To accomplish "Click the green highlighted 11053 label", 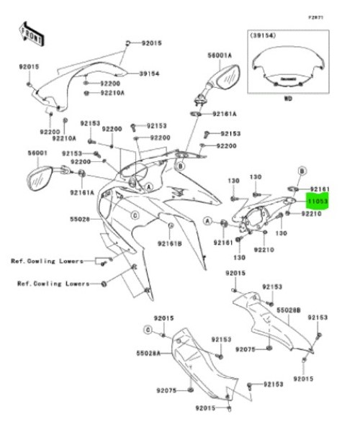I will pyautogui.click(x=318, y=204).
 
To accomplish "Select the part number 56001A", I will pyautogui.click(x=219, y=55).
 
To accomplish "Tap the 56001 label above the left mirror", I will pyautogui.click(x=37, y=153).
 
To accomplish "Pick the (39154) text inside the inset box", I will pyautogui.click(x=263, y=34).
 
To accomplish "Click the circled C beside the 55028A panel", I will pyautogui.click(x=148, y=330).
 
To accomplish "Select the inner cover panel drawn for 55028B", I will pyautogui.click(x=274, y=324).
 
